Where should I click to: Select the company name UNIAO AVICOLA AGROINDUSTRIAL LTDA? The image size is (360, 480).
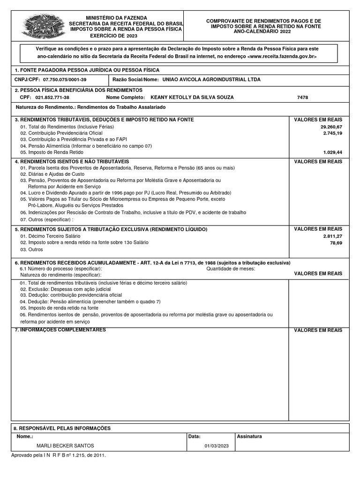[210, 80]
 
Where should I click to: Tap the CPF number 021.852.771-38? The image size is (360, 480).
[52, 97]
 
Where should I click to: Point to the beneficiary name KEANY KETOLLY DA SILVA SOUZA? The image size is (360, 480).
[192, 97]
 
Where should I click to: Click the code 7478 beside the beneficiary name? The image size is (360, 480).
[303, 97]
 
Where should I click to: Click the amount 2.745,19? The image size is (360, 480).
[333, 133]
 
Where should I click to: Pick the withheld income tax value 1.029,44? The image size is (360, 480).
[333, 152]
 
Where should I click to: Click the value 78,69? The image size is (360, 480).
[336, 243]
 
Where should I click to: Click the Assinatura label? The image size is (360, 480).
[249, 436]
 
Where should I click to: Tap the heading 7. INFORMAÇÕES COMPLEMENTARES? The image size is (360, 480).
[60, 330]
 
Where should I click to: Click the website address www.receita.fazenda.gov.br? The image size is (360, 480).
[281, 56]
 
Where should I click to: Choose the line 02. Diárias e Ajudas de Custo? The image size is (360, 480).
[52, 174]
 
